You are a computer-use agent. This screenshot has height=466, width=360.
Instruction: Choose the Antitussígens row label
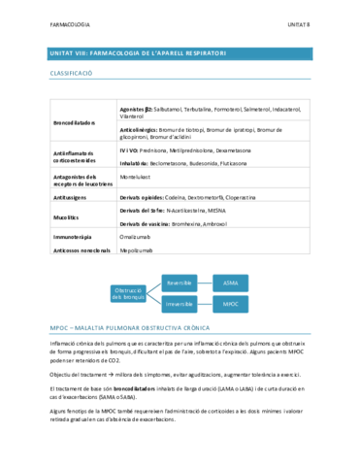tap(72, 195)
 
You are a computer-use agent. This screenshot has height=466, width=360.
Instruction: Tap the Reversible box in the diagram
tap(180, 283)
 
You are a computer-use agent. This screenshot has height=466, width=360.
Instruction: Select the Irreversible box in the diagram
tap(180, 304)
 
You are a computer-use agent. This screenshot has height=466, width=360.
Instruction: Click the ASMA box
tap(231, 283)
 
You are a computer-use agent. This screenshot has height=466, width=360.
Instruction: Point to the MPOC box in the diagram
tap(231, 304)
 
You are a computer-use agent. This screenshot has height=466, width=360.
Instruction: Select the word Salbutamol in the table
tap(171, 109)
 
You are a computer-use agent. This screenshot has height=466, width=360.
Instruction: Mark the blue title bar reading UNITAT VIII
tap(180, 53)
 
